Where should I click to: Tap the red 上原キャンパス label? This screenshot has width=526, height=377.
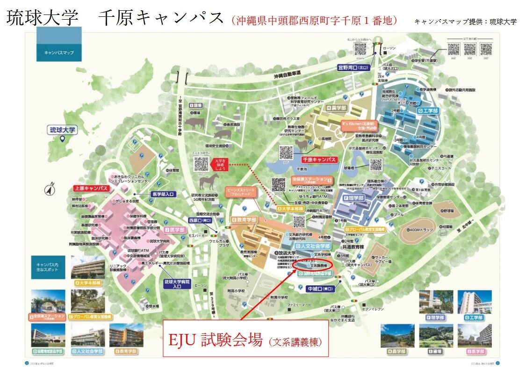click(91, 188)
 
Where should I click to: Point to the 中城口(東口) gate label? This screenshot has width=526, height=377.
click(321, 289)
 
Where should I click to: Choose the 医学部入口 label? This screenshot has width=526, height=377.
click(163, 194)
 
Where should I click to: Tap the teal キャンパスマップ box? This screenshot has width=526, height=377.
click(59, 52)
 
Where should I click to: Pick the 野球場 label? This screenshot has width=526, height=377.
click(448, 211)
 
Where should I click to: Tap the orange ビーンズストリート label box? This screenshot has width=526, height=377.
click(240, 193)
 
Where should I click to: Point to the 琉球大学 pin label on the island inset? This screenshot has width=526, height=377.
click(63, 130)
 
